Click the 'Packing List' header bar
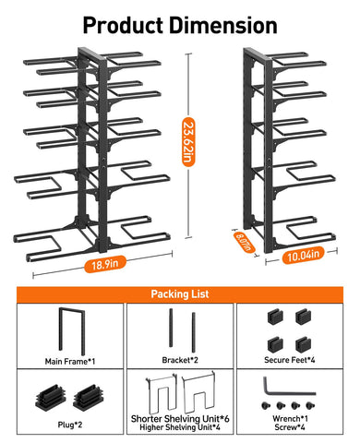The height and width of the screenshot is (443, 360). [x=180, y=294]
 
